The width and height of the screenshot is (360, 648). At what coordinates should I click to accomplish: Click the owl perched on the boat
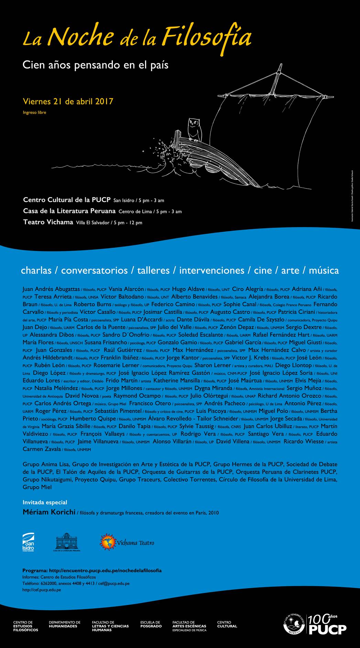pos(194,129)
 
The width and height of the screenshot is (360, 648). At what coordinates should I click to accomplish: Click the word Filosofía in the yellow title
pos(206,37)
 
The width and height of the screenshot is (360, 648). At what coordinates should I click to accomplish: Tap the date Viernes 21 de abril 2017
pos(68,101)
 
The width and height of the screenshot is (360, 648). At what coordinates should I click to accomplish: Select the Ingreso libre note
pos(34,112)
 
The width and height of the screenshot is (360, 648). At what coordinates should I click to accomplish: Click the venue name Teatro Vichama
pos(48,222)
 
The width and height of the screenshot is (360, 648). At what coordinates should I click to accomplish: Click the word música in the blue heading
pos(324,270)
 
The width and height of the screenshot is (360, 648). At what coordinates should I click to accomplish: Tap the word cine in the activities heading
pos(263,270)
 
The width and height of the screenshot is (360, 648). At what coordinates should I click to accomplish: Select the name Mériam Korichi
pos(49,512)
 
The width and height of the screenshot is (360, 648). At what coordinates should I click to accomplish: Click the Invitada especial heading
pos(45,503)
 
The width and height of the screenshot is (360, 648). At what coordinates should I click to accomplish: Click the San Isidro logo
pos(28,542)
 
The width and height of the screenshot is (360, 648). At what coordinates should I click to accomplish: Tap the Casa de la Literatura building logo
pos(67,542)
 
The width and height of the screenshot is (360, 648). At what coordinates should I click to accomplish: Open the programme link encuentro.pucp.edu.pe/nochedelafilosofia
pos(105,571)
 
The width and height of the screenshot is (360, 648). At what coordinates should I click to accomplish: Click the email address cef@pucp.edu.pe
pos(114,583)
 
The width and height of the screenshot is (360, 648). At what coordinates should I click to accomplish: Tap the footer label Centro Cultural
pos(227,624)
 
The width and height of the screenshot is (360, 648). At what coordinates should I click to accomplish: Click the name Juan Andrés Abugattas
pos(51,289)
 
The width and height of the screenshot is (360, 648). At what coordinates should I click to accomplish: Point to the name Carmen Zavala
pos(42,449)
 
